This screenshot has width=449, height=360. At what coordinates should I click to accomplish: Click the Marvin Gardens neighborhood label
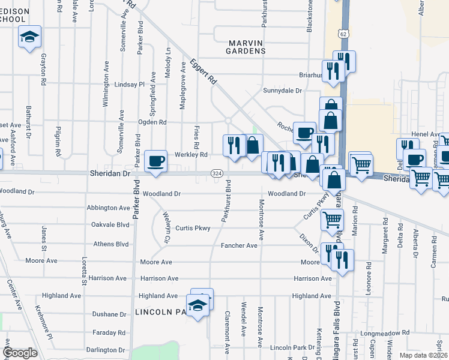[246, 47]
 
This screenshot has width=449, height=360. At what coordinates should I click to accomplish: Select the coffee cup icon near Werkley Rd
[156, 161]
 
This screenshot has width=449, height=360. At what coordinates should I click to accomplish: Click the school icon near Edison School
[29, 37]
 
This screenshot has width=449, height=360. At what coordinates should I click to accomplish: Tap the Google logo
[20, 353]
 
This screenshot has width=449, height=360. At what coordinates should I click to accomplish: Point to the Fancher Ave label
[239, 245]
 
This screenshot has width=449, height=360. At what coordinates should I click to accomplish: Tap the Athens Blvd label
[111, 244]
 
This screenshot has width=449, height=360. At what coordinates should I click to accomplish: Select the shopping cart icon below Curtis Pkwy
[332, 219]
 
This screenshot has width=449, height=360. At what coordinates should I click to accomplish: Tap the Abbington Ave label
[108, 208]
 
